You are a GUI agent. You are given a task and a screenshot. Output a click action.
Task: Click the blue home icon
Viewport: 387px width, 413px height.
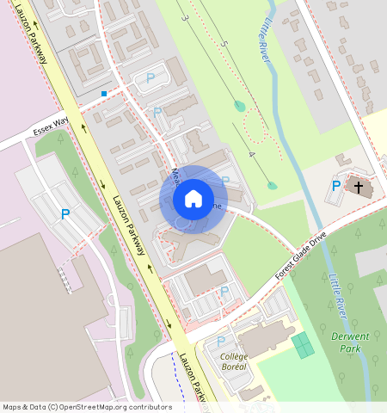point(193,199)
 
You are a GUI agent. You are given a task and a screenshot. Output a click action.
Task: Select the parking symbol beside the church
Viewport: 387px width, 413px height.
point(336,186)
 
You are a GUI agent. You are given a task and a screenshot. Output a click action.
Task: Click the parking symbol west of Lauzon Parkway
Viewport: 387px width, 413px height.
point(64,214)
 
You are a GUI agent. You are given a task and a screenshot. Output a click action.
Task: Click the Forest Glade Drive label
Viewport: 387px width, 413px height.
point(302,255)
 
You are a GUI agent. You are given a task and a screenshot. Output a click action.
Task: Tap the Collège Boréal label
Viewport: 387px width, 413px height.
point(234,361)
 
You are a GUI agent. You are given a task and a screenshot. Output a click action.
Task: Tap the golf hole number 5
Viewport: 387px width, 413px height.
point(224,43)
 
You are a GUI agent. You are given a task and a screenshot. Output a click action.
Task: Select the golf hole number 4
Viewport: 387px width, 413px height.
point(251,154)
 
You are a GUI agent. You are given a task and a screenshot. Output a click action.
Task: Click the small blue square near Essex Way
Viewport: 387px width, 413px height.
point(104,93)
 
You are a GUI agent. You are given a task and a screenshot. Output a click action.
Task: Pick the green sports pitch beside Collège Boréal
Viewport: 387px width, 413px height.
point(302,346)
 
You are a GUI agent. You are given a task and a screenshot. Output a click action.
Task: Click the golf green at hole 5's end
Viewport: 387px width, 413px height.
point(239,106)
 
